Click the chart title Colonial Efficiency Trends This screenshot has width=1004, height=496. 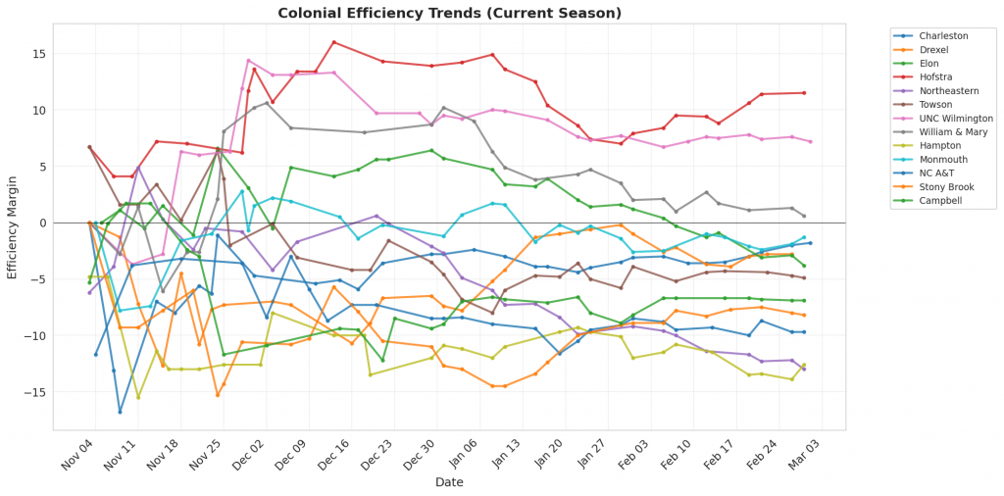coord(449,13)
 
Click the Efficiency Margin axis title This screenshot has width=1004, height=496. coord(13,223)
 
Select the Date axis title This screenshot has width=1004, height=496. coord(449,481)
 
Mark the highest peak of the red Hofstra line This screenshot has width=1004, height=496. coord(333,42)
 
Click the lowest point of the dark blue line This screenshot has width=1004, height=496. coord(120,411)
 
